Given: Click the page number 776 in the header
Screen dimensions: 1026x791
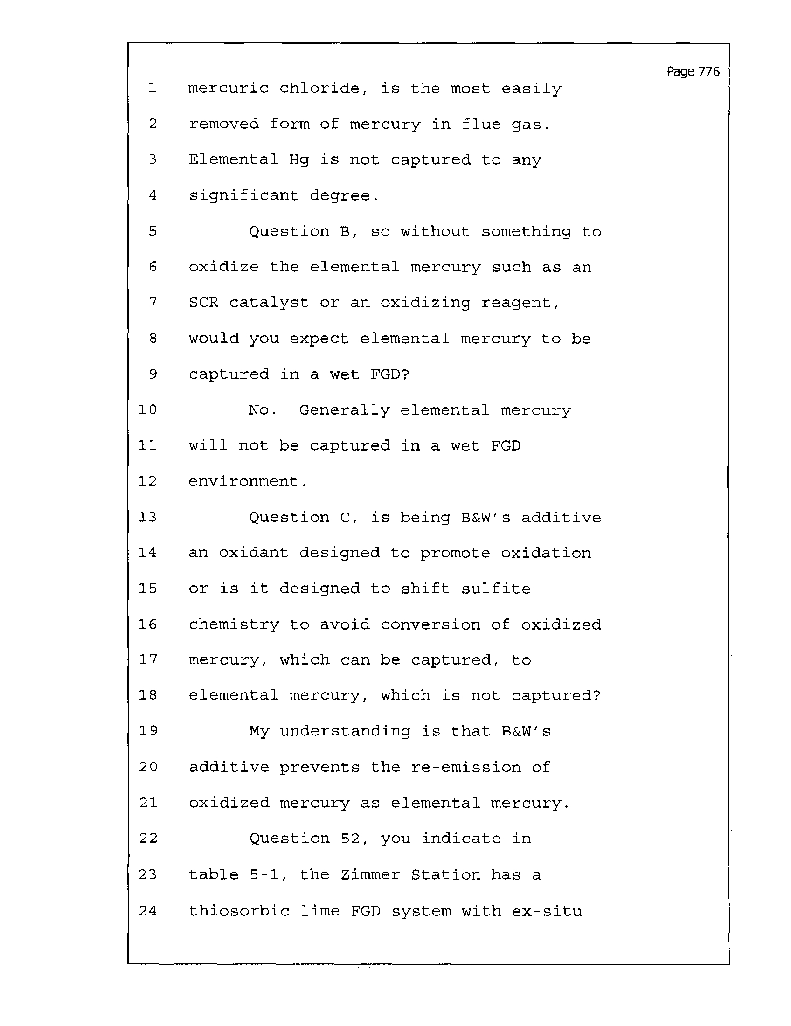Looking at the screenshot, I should (709, 71).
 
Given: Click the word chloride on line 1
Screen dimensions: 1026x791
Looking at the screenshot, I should (324, 88).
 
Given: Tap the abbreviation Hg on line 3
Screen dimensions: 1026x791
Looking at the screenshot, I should (299, 160).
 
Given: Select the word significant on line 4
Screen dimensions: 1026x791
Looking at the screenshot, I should (243, 195).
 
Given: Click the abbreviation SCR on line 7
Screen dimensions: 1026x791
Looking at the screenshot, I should (203, 302).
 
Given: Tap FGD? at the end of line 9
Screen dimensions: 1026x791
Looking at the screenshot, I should (390, 374).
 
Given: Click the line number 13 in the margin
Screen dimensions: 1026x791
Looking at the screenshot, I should (147, 517).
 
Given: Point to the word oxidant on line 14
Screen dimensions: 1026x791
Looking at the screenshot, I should (253, 553).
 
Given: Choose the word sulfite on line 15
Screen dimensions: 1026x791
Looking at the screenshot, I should (496, 589).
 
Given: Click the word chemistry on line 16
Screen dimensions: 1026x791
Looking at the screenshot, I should (234, 625).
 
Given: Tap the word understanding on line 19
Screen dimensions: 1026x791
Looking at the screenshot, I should (345, 731).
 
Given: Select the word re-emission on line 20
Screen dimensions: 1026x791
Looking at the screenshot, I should (465, 767).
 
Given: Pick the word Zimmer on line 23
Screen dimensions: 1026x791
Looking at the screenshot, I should (370, 874).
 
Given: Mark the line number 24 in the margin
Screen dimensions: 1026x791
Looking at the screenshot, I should (148, 911).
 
